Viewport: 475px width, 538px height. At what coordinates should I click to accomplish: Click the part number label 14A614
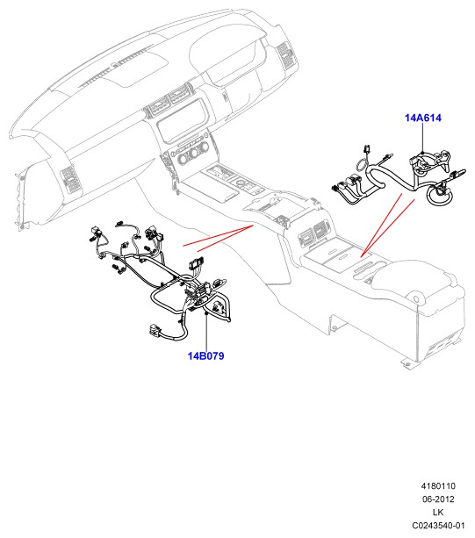[423, 118]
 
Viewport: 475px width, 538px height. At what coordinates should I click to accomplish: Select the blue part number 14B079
[206, 355]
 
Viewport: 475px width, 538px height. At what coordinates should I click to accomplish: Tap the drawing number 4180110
[438, 486]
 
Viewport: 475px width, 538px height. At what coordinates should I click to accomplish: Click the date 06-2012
[438, 499]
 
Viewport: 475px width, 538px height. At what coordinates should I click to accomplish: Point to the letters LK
[438, 512]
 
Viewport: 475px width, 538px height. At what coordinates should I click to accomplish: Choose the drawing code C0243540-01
[438, 526]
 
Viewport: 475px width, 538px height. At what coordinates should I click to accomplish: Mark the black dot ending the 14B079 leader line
[206, 313]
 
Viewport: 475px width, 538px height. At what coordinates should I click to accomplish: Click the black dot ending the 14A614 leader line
[423, 153]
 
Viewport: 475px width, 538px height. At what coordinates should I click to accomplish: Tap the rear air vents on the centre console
[313, 233]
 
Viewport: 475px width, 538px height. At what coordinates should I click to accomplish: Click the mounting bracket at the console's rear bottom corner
[407, 363]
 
